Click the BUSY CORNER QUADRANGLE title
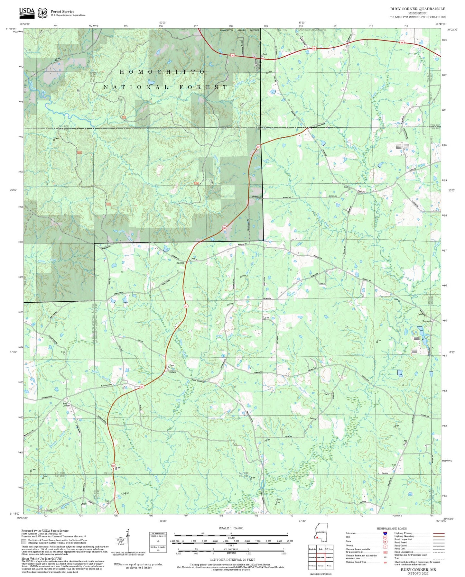click(418, 9)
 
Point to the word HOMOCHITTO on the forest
click(162, 72)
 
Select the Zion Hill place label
click(180, 263)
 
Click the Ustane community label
click(173, 372)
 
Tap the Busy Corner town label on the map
click(66, 404)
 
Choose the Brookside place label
click(427, 321)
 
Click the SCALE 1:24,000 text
click(231, 528)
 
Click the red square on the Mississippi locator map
click(317, 537)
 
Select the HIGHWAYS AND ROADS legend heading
click(391, 528)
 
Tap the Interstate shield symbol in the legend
click(385, 533)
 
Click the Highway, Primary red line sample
click(439, 533)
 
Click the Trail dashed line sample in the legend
click(439, 559)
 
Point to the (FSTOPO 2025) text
click(418, 573)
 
